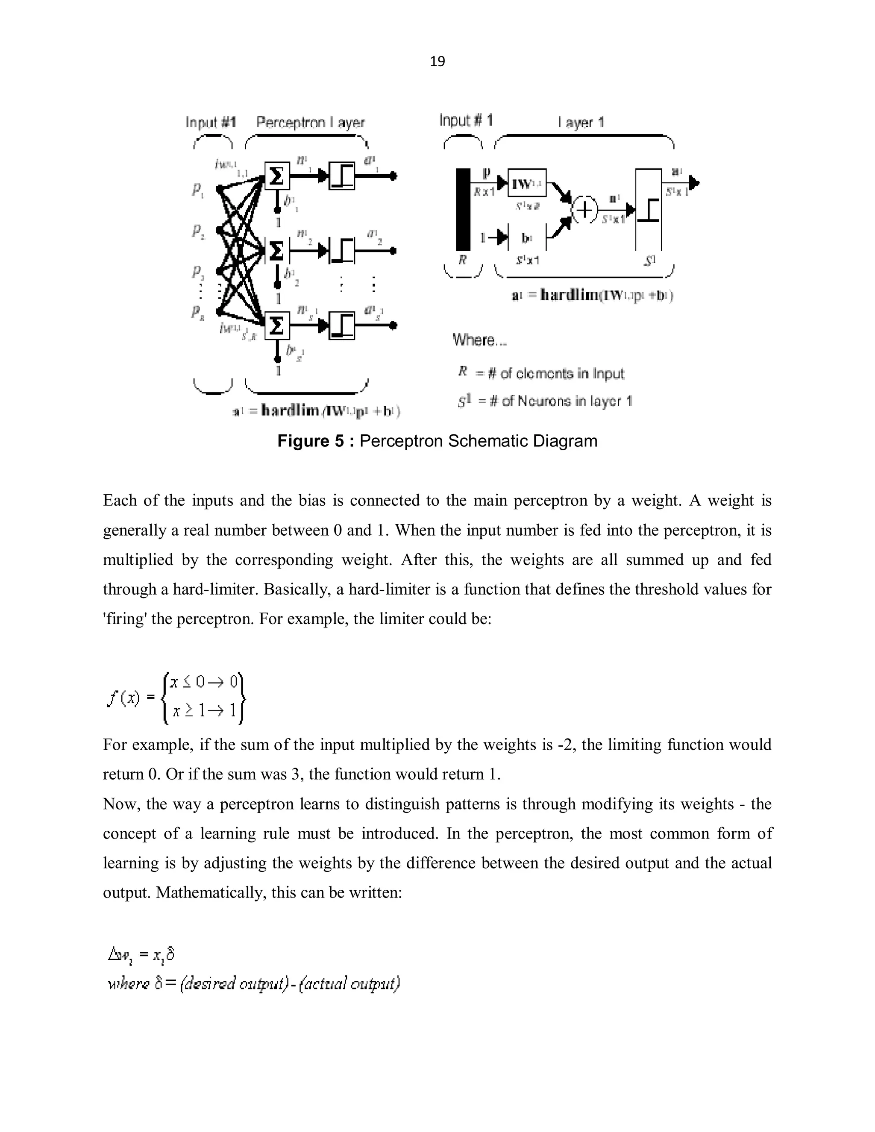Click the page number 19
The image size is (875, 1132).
click(x=437, y=62)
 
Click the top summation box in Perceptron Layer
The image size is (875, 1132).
click(x=277, y=176)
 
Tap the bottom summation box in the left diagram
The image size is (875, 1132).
click(x=277, y=326)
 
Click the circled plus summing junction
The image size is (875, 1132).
click(x=584, y=210)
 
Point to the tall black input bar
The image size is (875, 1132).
click(x=463, y=209)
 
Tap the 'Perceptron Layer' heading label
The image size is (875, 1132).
click(x=311, y=123)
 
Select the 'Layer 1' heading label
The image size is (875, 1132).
click(x=581, y=123)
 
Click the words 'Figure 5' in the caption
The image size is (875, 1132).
click(x=311, y=441)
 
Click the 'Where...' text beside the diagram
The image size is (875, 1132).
click(x=479, y=340)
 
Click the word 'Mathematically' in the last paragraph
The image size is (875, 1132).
click(x=211, y=892)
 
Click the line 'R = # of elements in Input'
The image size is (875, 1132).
click(x=541, y=373)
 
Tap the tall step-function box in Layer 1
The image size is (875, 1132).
click(x=649, y=209)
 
